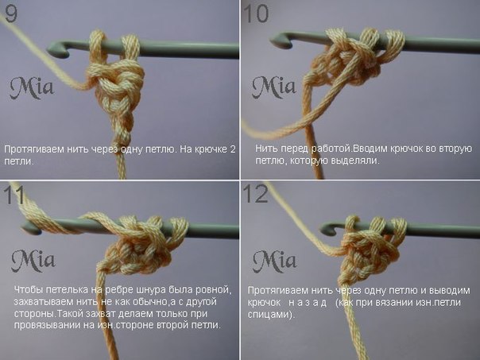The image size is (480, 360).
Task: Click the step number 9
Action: pos(11,14)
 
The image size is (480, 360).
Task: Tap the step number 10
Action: pos(256,14)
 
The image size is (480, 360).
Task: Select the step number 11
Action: pos(14,195)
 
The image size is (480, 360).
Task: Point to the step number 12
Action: pos(256,194)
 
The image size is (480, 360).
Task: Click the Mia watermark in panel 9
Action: pos(32,88)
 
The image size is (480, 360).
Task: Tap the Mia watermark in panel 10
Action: pos(273,87)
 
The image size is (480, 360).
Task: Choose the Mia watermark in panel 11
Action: pos(33,261)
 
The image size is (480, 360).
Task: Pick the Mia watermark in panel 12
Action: pos(275,261)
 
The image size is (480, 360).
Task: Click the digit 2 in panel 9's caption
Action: pos(233,149)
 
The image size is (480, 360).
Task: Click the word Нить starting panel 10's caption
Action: pos(267,149)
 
